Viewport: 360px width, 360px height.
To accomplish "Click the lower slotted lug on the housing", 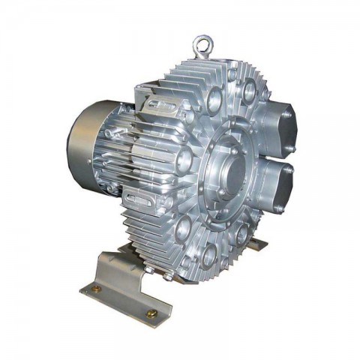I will click(142, 199).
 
